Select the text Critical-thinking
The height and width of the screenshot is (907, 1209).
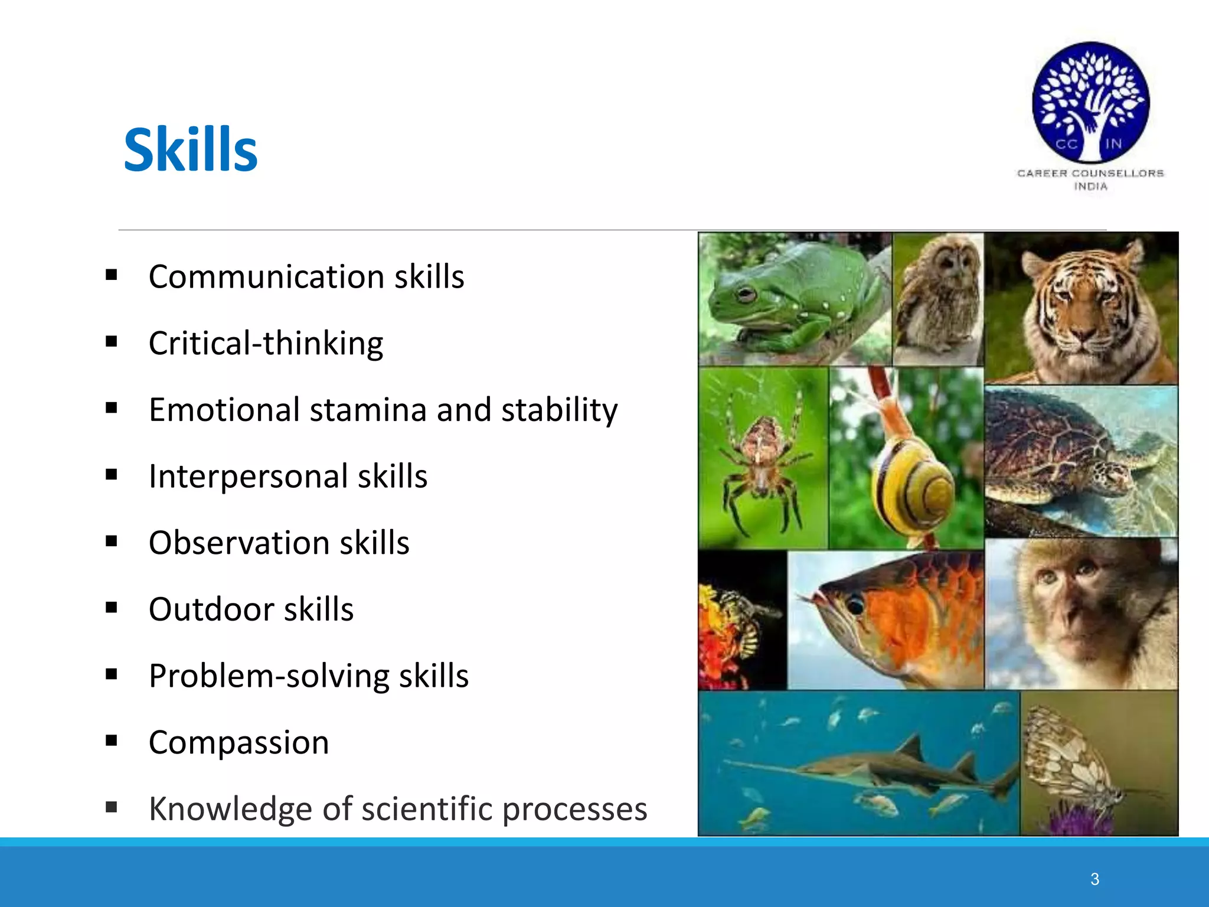tap(266, 344)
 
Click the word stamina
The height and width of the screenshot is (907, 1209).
tap(368, 410)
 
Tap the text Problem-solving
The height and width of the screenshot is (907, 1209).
tap(269, 676)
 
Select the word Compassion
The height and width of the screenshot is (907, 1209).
tap(238, 742)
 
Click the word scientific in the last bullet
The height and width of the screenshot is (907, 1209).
tap(426, 809)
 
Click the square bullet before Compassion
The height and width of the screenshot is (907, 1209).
tap(111, 740)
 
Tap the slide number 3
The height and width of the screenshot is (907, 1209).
tap(1094, 879)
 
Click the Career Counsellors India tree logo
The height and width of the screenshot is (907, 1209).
tap(1090, 103)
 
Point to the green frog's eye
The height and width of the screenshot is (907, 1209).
tap(745, 293)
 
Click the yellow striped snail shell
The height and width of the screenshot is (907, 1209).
tap(912, 487)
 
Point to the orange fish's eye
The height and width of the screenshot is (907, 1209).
tap(855, 605)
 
